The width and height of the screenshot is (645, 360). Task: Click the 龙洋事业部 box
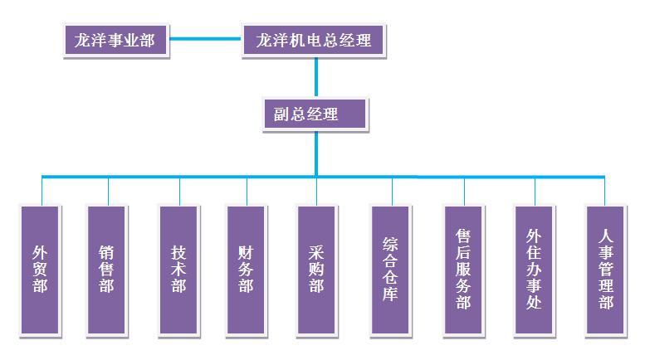point(115,39)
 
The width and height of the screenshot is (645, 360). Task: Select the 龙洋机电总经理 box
point(313,39)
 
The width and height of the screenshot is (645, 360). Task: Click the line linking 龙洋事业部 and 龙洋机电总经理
point(205,39)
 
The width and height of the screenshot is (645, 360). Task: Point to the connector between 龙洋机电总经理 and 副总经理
point(315,77)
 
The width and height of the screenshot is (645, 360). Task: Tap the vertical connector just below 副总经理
point(315,153)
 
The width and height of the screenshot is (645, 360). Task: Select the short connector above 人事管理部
point(604,190)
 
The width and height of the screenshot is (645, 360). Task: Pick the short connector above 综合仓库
point(390,190)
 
